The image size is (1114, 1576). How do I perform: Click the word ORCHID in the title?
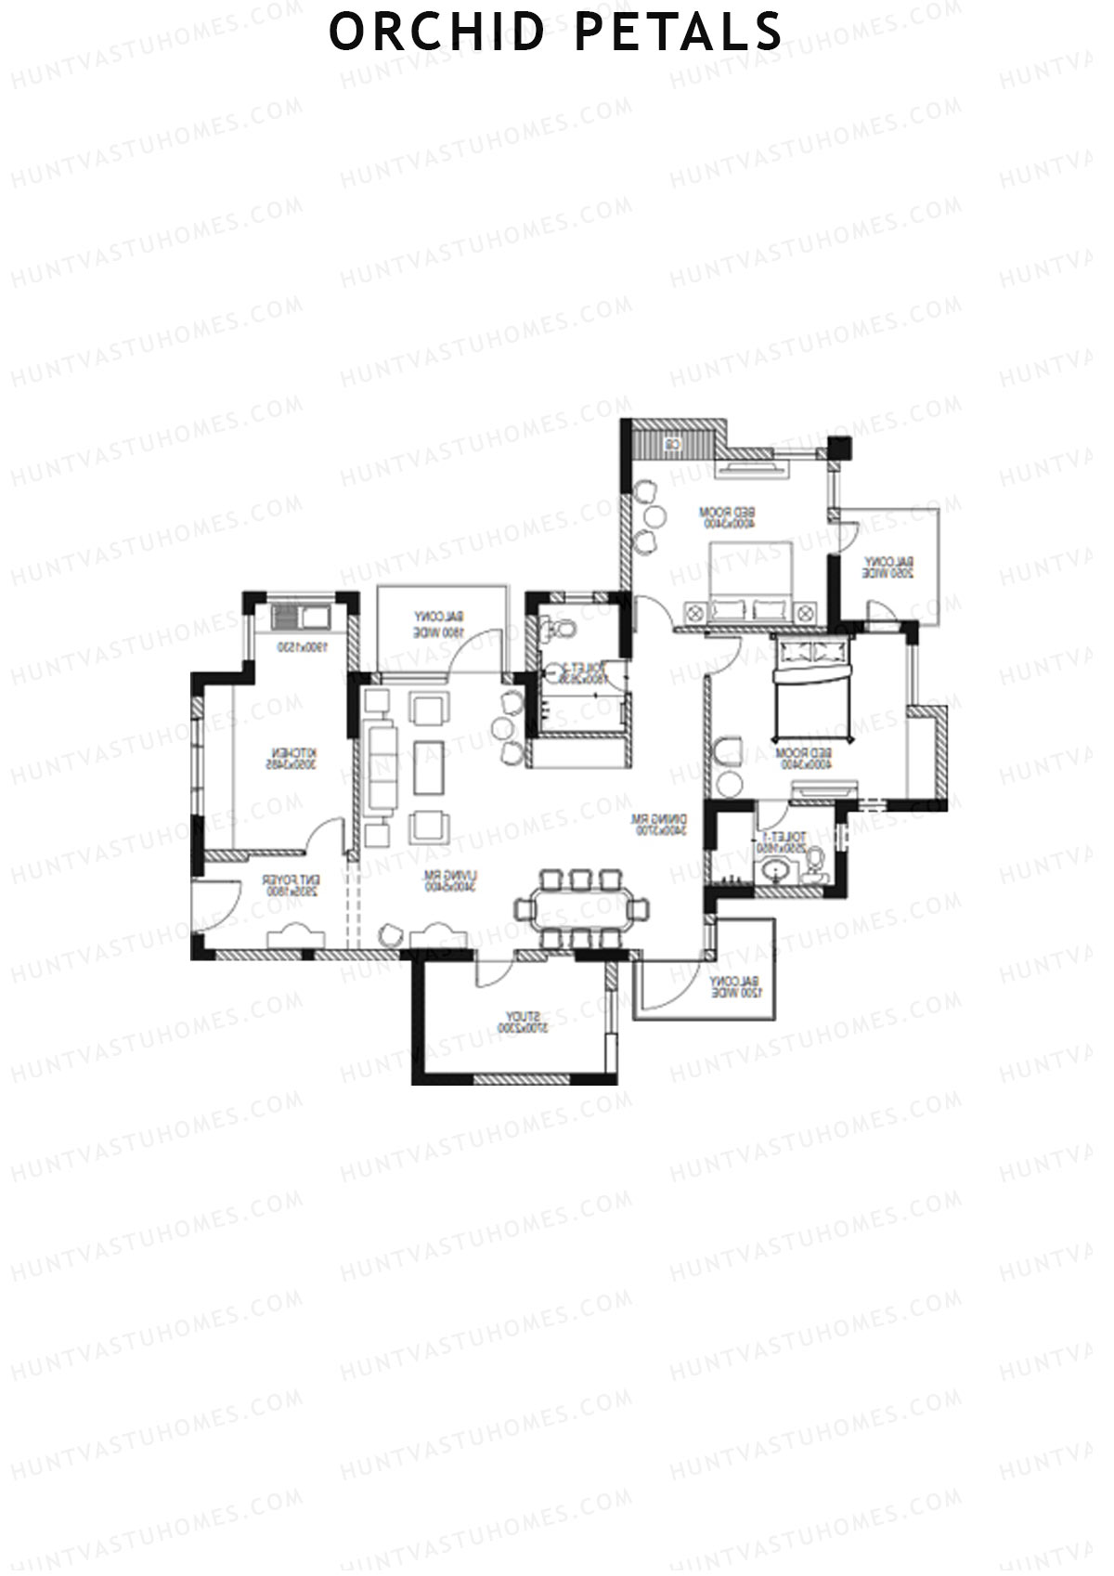437,32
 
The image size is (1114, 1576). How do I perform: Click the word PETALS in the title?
679,32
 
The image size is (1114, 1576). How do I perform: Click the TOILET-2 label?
582,672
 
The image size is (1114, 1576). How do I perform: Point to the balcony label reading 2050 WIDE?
888,567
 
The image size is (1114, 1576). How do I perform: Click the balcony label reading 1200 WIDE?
735,987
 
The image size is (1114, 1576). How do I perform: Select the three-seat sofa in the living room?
382,767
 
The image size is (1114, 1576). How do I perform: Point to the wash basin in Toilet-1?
777,872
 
